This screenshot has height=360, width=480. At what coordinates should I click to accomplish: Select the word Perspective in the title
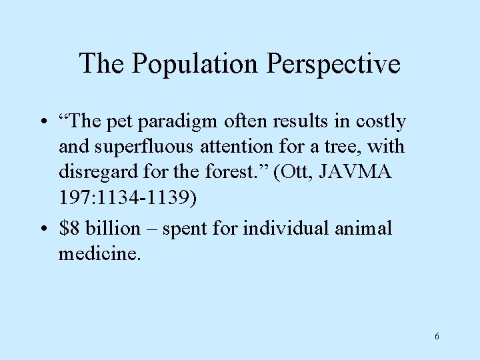point(334,64)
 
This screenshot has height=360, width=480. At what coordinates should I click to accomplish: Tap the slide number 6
point(437,336)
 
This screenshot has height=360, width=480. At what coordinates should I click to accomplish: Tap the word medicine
point(99,253)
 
